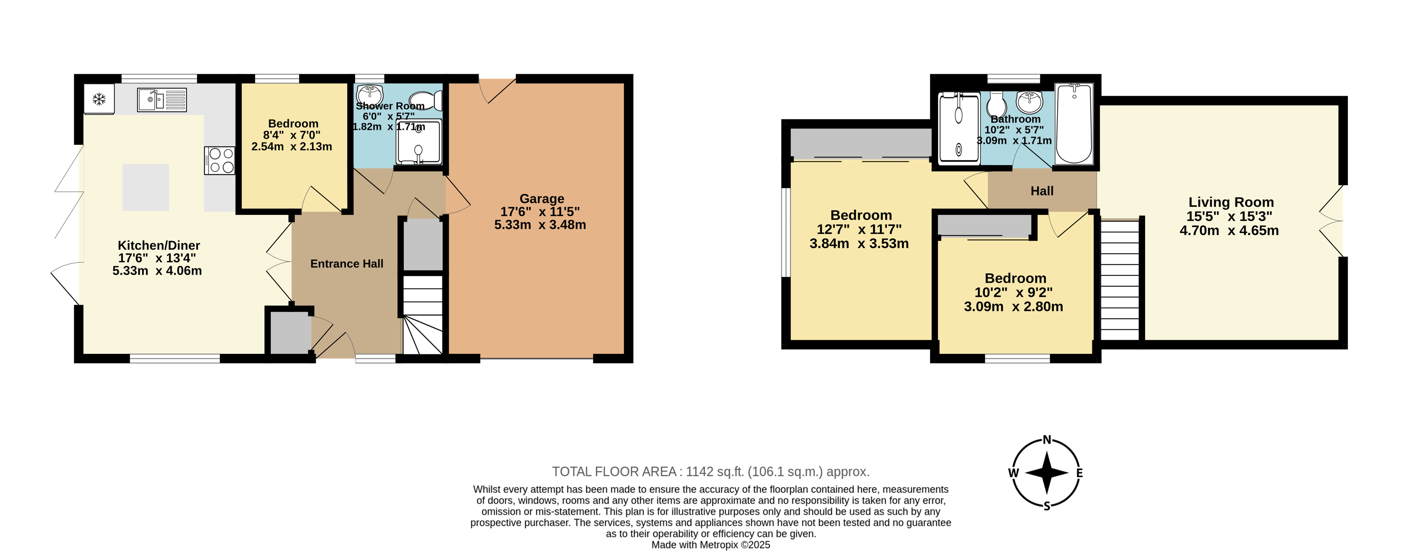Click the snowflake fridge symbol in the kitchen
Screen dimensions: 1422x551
tap(99, 99)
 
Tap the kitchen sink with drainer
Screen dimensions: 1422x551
tap(162, 100)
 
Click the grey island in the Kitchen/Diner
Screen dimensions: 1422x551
tap(146, 187)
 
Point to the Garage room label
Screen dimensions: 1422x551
tap(542, 199)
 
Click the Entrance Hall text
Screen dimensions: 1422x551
tap(347, 264)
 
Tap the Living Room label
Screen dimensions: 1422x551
tap(1231, 203)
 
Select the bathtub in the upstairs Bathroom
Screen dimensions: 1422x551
tap(1074, 124)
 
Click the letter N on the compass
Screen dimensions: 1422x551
tap(1047, 440)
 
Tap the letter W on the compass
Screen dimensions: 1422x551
tap(1014, 473)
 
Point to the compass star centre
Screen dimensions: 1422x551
tap(1047, 473)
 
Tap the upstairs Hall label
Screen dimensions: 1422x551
tap(1042, 191)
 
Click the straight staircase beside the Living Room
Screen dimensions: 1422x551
tap(1120, 280)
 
